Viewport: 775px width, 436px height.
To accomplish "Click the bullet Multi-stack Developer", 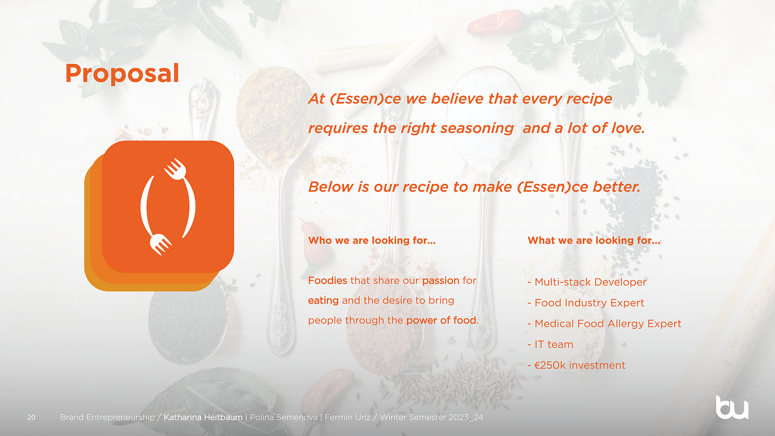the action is pos(587,282).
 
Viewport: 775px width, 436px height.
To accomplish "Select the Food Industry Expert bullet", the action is pos(586,303).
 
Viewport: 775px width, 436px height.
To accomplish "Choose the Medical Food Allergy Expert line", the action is pos(604,323).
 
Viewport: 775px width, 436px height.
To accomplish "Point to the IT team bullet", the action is pos(551,344).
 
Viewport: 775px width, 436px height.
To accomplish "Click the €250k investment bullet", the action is pos(576,365).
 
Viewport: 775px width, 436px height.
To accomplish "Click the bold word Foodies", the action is pos(327,280).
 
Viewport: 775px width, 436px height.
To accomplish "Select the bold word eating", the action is pos(323,301).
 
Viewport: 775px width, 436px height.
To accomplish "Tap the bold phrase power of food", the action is pos(441,321).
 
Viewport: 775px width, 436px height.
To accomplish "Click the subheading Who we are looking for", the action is pos(372,241).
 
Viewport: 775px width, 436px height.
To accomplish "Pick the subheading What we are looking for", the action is pos(594,241).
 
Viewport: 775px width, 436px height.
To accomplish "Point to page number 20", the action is pos(31,417).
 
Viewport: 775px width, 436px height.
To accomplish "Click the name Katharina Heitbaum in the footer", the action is pos(203,417).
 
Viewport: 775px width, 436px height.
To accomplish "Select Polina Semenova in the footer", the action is pos(284,417).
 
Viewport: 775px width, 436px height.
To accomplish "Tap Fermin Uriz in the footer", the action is pos(348,417).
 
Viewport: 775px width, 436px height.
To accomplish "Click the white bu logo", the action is pos(732,408).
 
